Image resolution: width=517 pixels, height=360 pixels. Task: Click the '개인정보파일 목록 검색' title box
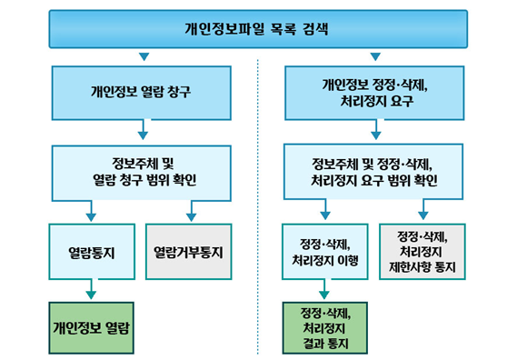click(258, 29)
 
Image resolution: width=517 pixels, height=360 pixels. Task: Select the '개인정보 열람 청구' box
click(142, 93)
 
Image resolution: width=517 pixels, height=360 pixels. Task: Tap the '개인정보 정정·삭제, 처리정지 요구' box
click(374, 93)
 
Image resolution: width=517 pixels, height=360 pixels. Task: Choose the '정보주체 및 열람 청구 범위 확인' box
click(142, 173)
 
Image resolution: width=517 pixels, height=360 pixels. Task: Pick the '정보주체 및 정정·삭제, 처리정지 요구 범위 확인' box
click(373, 172)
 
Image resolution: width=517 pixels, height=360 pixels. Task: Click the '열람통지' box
click(92, 252)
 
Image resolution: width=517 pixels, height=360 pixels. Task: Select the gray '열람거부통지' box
click(189, 252)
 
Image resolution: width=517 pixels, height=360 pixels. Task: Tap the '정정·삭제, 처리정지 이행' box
click(324, 252)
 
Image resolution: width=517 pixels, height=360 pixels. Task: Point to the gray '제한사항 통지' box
click(423, 252)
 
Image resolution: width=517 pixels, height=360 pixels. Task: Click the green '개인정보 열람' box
click(92, 328)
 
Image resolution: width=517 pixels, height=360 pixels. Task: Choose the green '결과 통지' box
click(325, 328)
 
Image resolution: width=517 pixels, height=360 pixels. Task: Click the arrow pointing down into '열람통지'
click(91, 211)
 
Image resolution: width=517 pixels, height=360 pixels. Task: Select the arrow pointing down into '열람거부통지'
click(191, 211)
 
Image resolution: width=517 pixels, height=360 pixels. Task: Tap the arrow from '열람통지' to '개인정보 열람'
click(91, 289)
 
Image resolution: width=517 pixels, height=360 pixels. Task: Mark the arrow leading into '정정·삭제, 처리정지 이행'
click(325, 209)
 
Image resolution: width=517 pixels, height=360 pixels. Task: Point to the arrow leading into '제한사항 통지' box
click(423, 209)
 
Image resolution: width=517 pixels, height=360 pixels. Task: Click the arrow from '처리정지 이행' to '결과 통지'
click(324, 289)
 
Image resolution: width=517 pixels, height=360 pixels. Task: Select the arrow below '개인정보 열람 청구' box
click(143, 130)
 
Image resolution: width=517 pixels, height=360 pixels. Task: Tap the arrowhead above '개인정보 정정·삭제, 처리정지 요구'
click(375, 56)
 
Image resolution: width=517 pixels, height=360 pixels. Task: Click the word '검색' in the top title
click(315, 29)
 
